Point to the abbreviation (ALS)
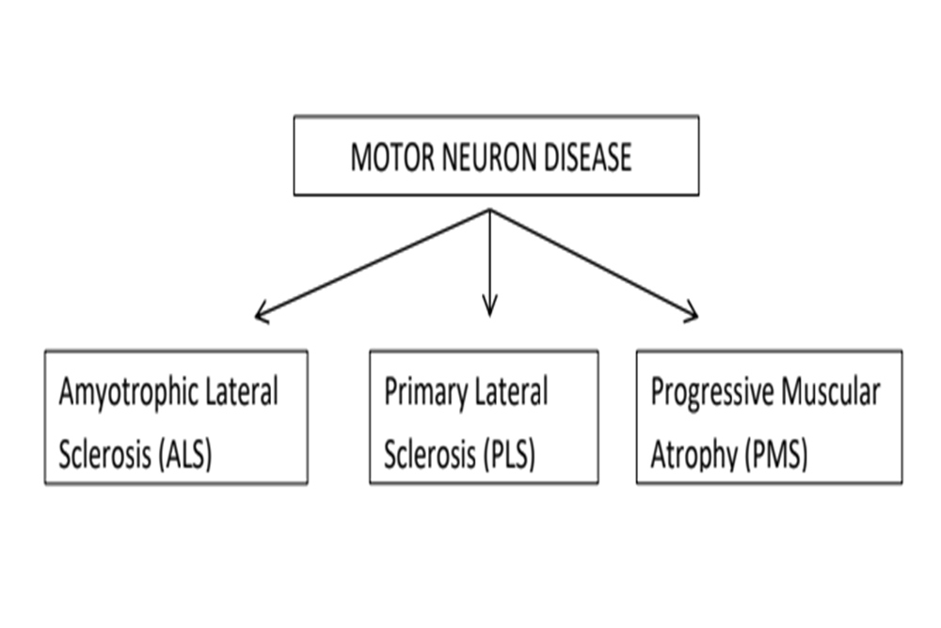click(184, 455)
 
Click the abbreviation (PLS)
click(507, 455)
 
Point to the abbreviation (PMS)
click(776, 455)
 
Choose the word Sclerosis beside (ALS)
click(104, 455)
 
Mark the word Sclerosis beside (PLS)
click(429, 455)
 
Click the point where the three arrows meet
click(489, 210)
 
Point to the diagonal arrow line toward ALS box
click(373, 262)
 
